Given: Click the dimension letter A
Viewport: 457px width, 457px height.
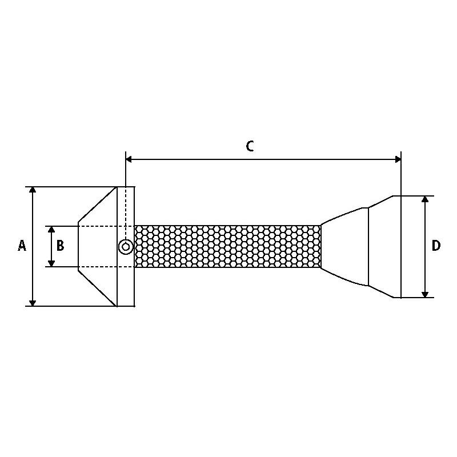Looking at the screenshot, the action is coord(22,246).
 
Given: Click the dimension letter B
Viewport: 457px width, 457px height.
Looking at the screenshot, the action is coord(61,246).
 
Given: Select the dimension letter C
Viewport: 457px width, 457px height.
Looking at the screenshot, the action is coord(250,146).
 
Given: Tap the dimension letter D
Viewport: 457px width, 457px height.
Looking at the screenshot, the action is coord(436,246).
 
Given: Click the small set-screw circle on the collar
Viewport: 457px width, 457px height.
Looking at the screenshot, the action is coord(126,247).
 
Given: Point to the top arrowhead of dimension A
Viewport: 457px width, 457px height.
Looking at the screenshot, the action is coord(33,190).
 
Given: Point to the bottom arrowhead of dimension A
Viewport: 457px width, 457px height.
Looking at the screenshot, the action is coord(33,303).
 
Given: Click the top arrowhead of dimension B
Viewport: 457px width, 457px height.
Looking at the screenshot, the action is coord(51,229).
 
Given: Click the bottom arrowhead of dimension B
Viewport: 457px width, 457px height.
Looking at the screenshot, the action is coord(51,264).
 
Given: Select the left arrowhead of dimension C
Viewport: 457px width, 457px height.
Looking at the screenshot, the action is coord(129,159).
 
